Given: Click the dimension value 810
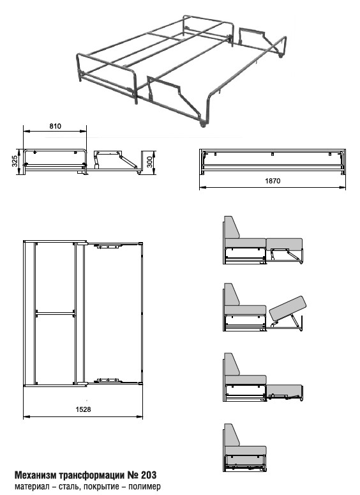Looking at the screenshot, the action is point(56,126).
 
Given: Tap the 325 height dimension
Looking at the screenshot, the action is point(15,162).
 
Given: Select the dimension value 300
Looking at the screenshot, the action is point(149,162).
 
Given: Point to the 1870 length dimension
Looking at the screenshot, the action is point(273,181).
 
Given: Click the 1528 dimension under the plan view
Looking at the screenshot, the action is point(83,409).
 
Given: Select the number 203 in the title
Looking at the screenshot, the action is point(149,475).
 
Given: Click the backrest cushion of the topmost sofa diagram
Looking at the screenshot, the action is point(232,227).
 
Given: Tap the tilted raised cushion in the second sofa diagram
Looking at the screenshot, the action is point(288,308).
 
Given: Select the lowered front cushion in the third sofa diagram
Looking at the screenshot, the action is point(285,389).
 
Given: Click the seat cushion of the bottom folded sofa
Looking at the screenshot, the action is point(246,450).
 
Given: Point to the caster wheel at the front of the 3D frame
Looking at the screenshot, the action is point(202,125).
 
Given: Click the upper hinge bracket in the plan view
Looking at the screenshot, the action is point(110,246).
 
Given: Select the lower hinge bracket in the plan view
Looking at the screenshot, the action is point(109,380).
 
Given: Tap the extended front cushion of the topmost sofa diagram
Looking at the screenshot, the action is point(284,243).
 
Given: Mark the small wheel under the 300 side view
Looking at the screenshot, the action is point(139,172).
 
